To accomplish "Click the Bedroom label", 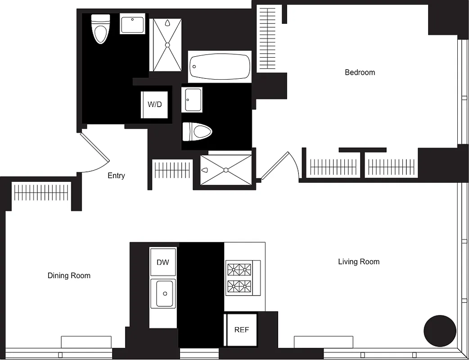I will [x=360, y=72].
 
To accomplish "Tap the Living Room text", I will [x=359, y=261].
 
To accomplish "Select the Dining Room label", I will [x=69, y=275].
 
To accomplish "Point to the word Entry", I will [x=116, y=176].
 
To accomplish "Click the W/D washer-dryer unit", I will [x=154, y=104].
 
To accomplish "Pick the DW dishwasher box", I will [x=162, y=262].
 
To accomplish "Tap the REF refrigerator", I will [x=241, y=330].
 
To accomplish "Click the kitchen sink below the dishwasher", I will [x=163, y=293].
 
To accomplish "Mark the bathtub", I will [x=220, y=67].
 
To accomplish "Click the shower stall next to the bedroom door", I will [x=225, y=170].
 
